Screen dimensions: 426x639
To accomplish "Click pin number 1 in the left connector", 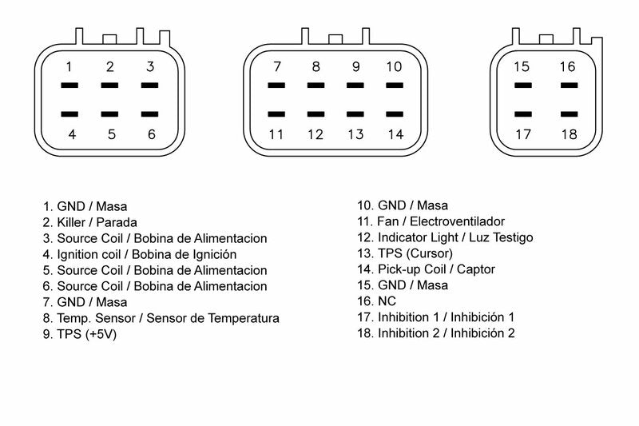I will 70,66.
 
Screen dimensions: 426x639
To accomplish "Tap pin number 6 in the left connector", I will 151,134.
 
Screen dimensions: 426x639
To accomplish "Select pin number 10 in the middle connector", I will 394,66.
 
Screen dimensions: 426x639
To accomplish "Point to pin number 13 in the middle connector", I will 355,134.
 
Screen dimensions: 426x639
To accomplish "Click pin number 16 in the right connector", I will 567,66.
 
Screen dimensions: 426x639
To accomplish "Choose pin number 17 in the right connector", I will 522,134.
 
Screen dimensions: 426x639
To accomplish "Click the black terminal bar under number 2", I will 110,85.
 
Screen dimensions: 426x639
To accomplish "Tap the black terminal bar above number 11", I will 276,114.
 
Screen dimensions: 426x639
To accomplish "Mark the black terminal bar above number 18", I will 568,114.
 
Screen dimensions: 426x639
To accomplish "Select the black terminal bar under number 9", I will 355,85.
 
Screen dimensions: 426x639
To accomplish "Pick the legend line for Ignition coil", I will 140,254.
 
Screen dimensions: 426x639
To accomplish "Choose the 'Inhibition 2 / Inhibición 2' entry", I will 435,333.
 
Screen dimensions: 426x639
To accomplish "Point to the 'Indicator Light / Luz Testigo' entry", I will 444,237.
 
